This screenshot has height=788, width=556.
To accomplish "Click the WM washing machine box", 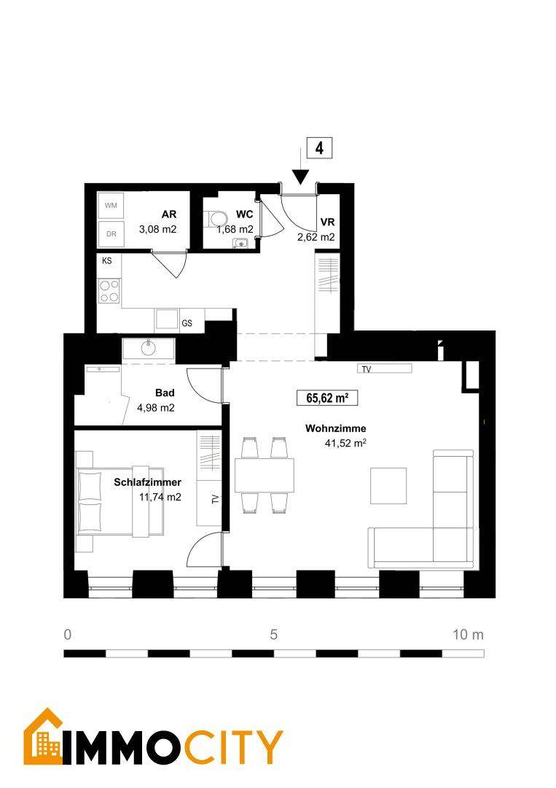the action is [111, 206].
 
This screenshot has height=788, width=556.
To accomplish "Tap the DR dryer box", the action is [111, 233].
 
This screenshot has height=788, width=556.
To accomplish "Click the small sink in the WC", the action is [241, 244].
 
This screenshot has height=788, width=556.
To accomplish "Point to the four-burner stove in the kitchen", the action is [109, 291].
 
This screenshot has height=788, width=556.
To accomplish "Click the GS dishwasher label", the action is [187, 323].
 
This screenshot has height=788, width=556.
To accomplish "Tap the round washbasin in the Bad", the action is [148, 347].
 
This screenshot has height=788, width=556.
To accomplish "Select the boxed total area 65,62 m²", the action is [327, 398].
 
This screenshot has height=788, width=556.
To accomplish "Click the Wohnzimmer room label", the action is [336, 429].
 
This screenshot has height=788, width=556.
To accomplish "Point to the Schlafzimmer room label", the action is [147, 482].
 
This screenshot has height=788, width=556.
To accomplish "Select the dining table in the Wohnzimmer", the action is [265, 476].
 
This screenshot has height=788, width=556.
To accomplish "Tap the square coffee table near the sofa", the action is [388, 485].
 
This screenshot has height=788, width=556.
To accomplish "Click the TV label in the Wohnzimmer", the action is [367, 369].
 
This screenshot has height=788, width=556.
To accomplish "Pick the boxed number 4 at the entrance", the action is [319, 148].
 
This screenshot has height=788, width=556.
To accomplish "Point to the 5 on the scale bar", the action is [273, 634].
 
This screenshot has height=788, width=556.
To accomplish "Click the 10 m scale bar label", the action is [468, 634].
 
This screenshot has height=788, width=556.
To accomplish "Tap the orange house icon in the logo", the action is [43, 736].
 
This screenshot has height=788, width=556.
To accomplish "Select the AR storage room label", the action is [169, 214].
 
